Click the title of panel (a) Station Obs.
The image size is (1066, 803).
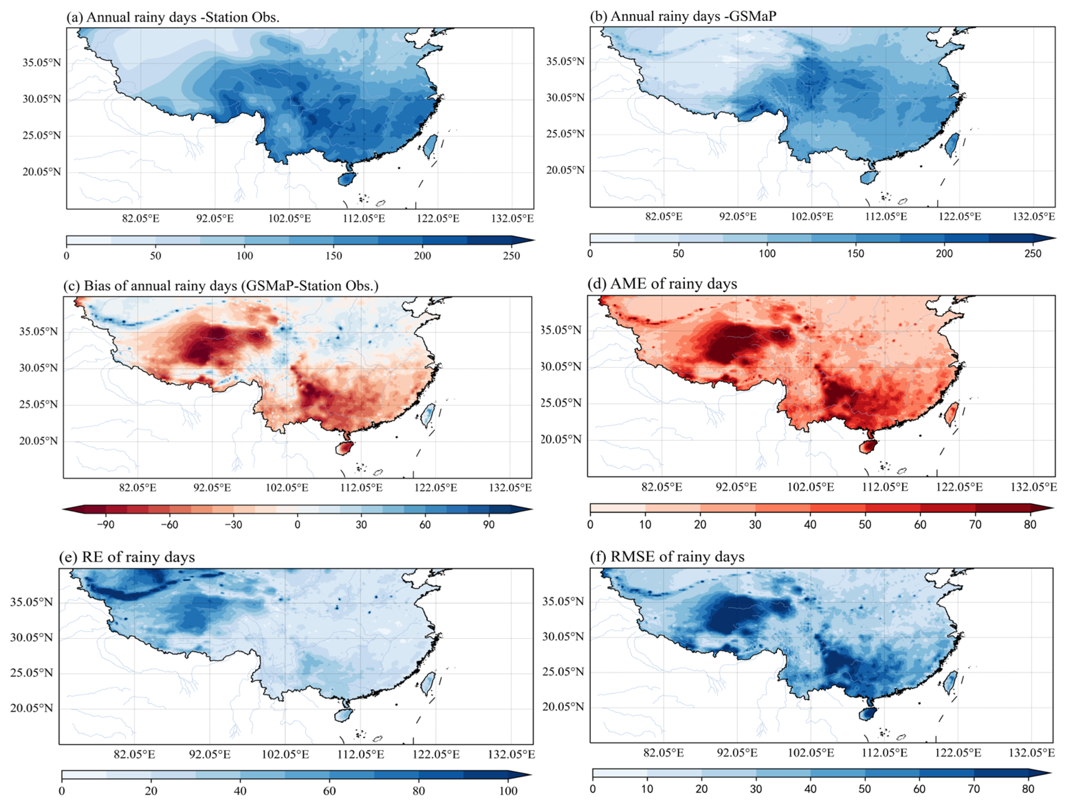(173, 17)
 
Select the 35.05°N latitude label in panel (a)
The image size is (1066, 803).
(42, 63)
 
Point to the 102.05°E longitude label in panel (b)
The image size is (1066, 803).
(812, 216)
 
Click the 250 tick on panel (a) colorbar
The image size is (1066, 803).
(511, 256)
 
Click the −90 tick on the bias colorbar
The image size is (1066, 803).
(106, 524)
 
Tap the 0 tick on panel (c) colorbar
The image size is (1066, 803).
(297, 524)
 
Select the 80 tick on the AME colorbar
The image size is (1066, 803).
(1030, 524)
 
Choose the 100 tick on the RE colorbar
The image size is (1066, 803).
(508, 791)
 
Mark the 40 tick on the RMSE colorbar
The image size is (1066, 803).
(810, 789)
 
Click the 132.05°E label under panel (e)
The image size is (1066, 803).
(511, 754)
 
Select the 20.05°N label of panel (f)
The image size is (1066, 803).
(563, 707)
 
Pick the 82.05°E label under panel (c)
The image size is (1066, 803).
(138, 487)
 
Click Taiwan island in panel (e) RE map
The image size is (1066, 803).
(427, 683)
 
